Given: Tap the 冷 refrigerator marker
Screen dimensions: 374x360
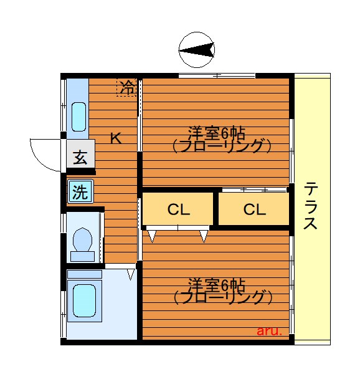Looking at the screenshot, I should click(x=127, y=87).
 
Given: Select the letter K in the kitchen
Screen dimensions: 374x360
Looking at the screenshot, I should click(x=115, y=138).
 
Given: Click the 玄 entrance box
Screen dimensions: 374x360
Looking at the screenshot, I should click(x=80, y=157).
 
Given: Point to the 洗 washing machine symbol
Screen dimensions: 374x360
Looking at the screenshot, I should click(x=80, y=191).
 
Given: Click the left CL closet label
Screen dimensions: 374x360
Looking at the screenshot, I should click(x=178, y=210).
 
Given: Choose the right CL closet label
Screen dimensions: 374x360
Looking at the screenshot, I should click(x=254, y=210).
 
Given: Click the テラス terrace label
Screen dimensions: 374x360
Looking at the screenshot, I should click(x=311, y=206).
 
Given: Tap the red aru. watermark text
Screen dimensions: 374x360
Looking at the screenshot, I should click(x=269, y=332).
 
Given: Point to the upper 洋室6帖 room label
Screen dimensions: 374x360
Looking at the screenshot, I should click(x=217, y=133).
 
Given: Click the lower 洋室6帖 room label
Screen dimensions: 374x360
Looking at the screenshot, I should click(x=217, y=284).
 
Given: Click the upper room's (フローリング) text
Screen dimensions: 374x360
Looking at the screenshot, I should click(x=222, y=146).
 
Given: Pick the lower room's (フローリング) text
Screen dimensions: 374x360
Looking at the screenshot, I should click(x=222, y=297).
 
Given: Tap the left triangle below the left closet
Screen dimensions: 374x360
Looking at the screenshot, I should click(x=152, y=236).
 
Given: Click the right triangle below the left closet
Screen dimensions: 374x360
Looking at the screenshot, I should click(x=204, y=236).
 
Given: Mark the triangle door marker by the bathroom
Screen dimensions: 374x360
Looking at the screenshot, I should click(x=131, y=274).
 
